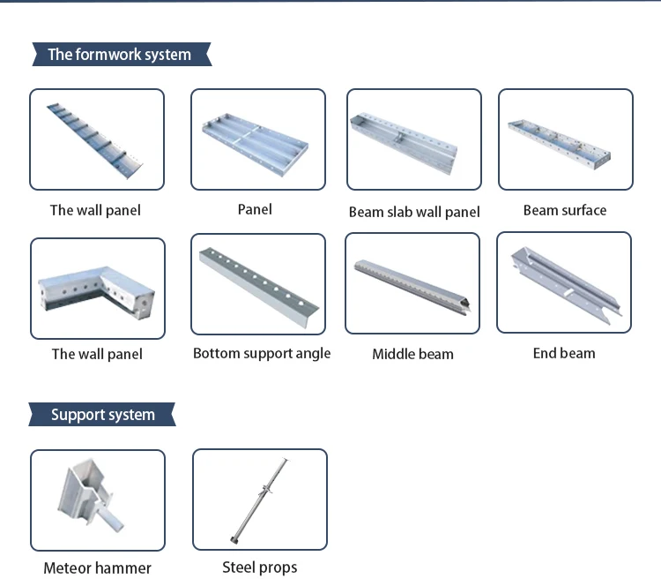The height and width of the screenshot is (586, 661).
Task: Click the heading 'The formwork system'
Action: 119,55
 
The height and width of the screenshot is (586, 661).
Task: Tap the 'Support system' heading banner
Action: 102,415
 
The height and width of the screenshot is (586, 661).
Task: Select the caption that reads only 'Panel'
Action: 255,209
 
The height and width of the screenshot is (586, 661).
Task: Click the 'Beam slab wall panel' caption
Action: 414,212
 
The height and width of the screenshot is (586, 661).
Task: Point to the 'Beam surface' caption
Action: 565,210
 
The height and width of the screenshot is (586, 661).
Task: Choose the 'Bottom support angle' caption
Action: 262,353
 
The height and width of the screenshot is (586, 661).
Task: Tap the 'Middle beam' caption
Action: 412,354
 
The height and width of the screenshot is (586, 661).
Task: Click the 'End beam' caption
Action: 564,353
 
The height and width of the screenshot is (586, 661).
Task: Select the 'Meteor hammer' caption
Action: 97,568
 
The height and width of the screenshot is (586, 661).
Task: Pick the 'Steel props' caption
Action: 260,567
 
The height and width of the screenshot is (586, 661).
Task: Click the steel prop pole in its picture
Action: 260,500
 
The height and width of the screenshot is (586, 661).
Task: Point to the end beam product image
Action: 564,282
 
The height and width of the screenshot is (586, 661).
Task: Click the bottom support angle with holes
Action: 260,284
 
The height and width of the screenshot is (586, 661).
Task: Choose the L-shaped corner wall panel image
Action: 97,289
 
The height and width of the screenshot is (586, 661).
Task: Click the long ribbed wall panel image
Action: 97,139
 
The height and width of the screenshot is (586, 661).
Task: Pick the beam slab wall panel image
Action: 413,139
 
